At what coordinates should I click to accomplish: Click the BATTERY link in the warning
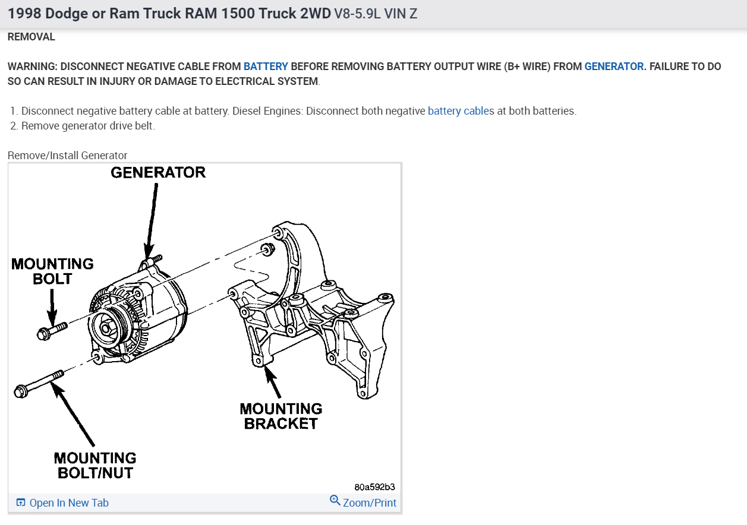[266, 67]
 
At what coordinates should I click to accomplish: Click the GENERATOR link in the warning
[614, 67]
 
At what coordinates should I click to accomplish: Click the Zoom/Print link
[369, 503]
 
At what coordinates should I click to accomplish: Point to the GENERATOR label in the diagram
[158, 173]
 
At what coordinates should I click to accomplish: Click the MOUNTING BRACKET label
[281, 416]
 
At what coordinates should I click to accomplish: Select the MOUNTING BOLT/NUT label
[95, 466]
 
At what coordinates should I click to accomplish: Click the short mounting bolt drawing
[51, 330]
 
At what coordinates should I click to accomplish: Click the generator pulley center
[106, 328]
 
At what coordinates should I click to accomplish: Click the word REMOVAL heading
[31, 37]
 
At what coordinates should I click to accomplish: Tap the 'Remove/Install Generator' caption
[68, 156]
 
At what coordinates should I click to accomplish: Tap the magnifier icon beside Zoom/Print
[335, 501]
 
